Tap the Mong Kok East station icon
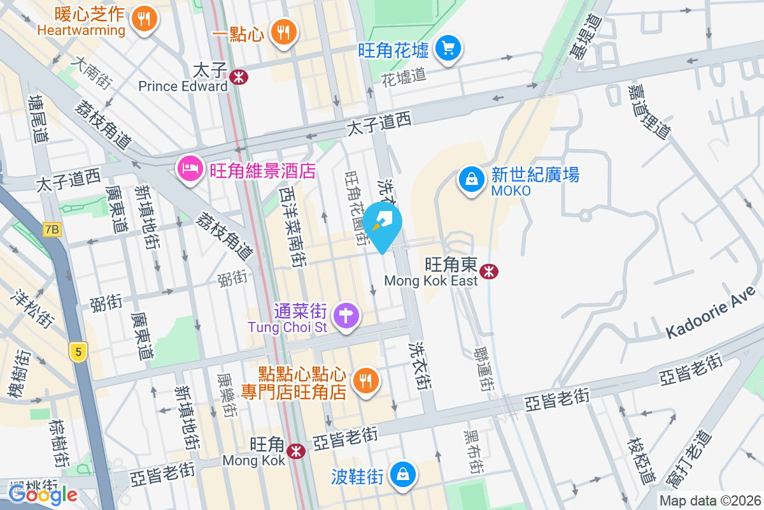(x=489, y=272)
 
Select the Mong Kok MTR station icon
(x=295, y=451)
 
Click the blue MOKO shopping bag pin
(x=471, y=180)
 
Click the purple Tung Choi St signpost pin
(x=346, y=315)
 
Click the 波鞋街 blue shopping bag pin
(x=403, y=475)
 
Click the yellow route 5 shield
(x=78, y=352)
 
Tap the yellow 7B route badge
(x=52, y=229)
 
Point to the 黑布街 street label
(x=472, y=450)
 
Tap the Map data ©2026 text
(x=710, y=500)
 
